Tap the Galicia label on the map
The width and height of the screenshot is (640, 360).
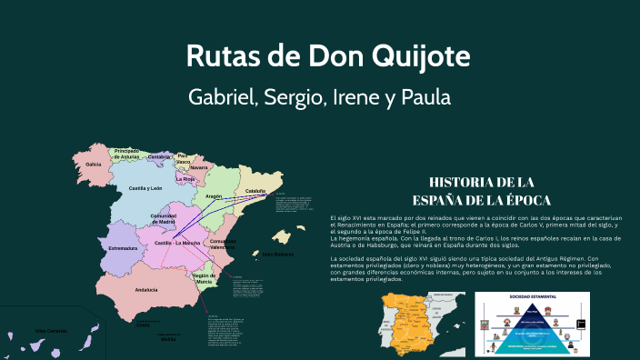(93, 165)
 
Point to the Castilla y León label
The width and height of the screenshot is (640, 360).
(145, 188)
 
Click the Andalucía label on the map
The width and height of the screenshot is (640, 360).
(145, 289)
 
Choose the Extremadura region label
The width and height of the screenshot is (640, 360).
(123, 247)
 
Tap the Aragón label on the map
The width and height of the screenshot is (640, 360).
(214, 196)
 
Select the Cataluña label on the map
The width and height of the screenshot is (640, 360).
(256, 191)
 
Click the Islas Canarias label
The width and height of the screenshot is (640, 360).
(50, 330)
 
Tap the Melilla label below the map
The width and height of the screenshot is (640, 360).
(168, 337)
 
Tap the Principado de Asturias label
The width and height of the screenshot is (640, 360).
(126, 153)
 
